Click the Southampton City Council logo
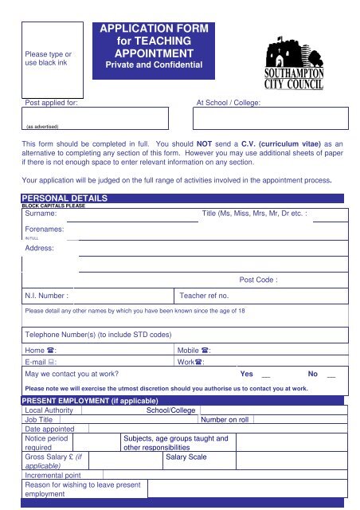click(302, 68)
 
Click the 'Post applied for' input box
click(95, 119)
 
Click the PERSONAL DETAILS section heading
click(63, 198)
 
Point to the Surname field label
click(41, 214)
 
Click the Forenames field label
click(44, 229)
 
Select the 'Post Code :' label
click(258, 280)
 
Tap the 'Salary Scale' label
click(186, 457)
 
